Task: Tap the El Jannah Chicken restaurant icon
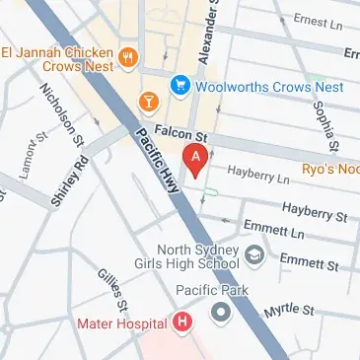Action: coord(127,57)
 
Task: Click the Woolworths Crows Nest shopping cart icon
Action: coord(180,86)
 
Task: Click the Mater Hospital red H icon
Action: coord(181,322)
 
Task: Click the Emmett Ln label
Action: coord(274,231)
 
